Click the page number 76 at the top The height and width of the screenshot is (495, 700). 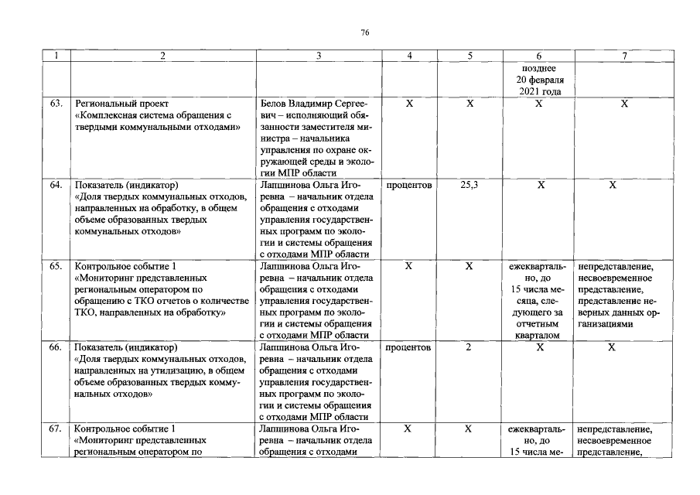pos(365,32)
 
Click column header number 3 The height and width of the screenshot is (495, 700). pos(319,56)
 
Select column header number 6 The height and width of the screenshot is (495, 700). pos(538,56)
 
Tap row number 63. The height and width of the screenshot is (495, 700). pos(56,103)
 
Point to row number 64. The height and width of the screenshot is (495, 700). pos(56,186)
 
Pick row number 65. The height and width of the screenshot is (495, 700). pos(56,266)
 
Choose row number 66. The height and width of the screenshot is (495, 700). pos(56,347)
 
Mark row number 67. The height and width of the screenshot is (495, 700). pos(56,428)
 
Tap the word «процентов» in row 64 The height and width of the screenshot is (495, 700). pos(408,186)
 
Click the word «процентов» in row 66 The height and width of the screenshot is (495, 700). pos(408,347)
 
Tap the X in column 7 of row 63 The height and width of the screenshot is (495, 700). pos(624,103)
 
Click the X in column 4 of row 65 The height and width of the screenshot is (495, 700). pos(408,266)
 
